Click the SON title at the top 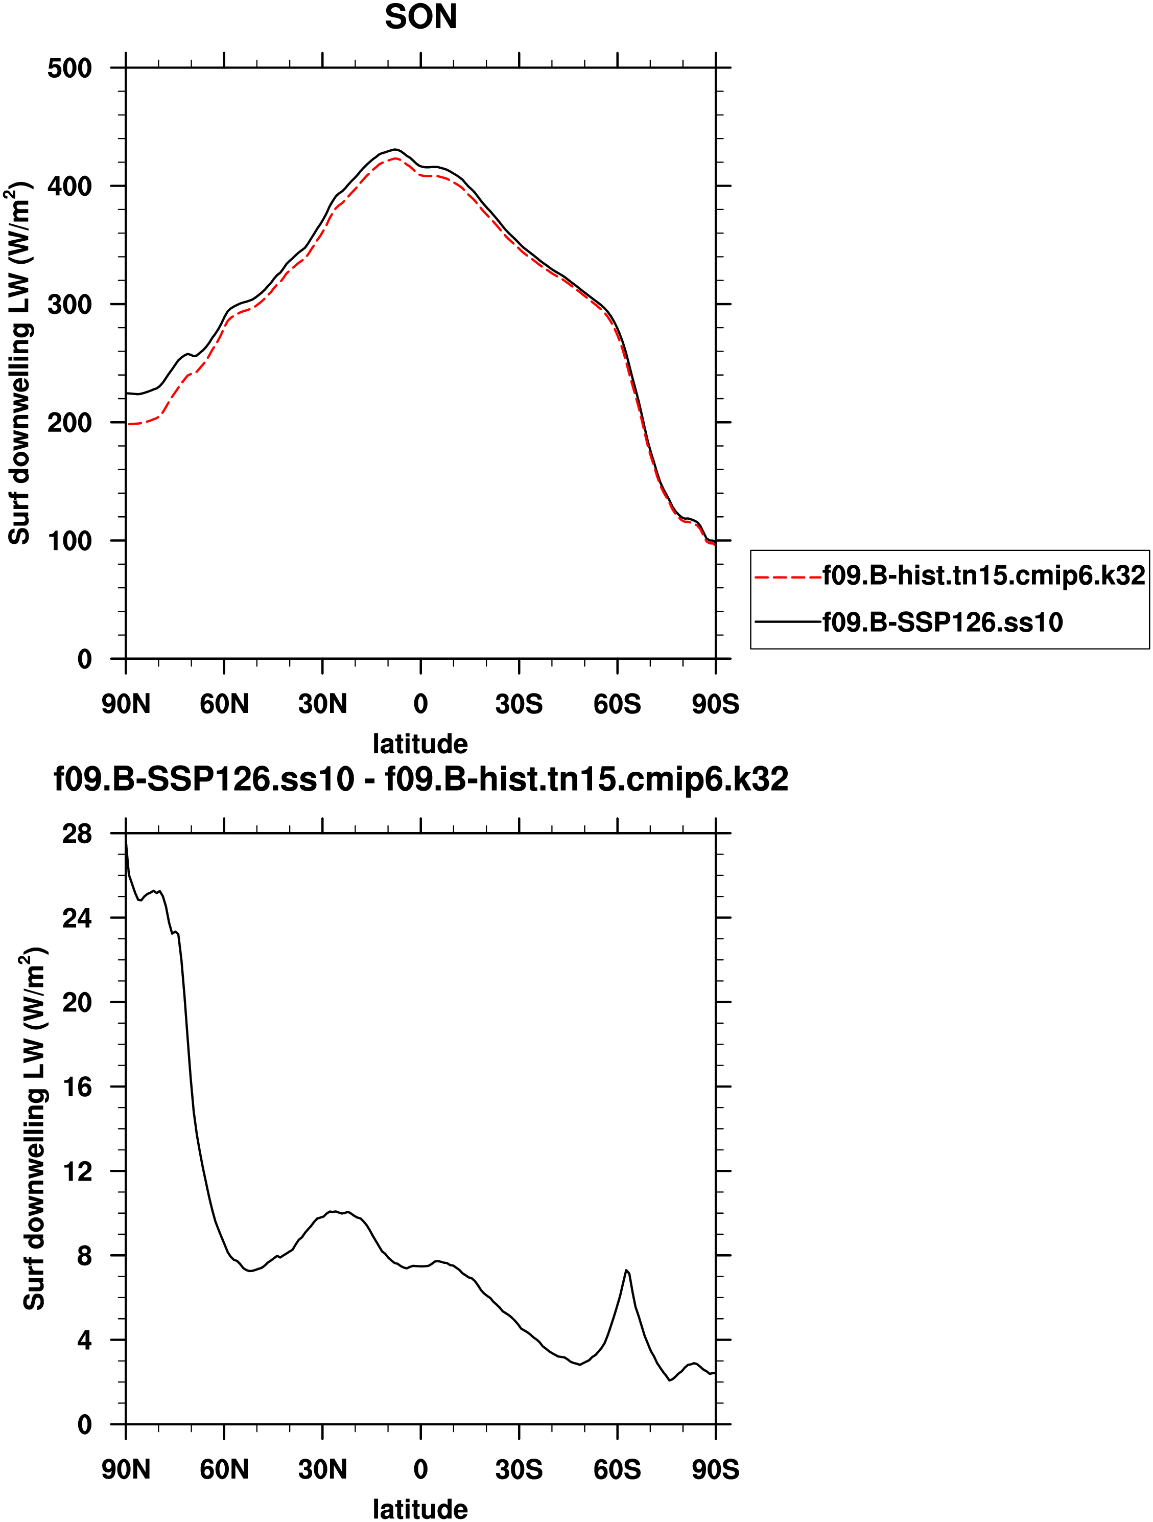click(420, 17)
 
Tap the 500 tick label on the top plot click(69, 69)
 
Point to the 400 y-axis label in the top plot click(69, 187)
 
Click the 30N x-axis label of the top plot click(322, 704)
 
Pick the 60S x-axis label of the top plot click(617, 704)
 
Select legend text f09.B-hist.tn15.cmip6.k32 click(984, 575)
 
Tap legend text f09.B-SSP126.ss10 click(943, 622)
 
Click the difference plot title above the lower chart click(421, 779)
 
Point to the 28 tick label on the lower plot click(76, 834)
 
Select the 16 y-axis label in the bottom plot click(76, 1087)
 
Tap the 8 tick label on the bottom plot click(84, 1256)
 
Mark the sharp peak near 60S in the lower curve click(626, 1270)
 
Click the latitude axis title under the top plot click(420, 744)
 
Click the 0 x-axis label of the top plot click(420, 704)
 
